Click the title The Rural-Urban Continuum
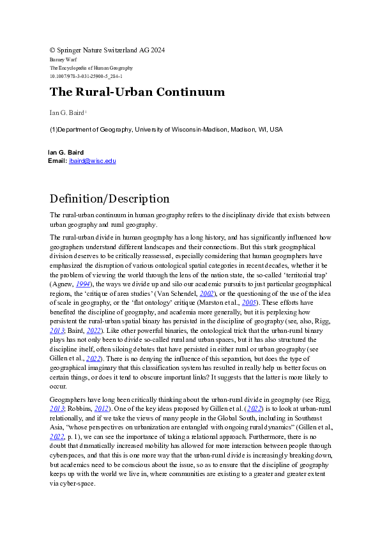(137, 92)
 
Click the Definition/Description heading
(109, 199)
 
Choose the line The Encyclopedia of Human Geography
(91, 68)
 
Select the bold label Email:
(57, 161)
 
